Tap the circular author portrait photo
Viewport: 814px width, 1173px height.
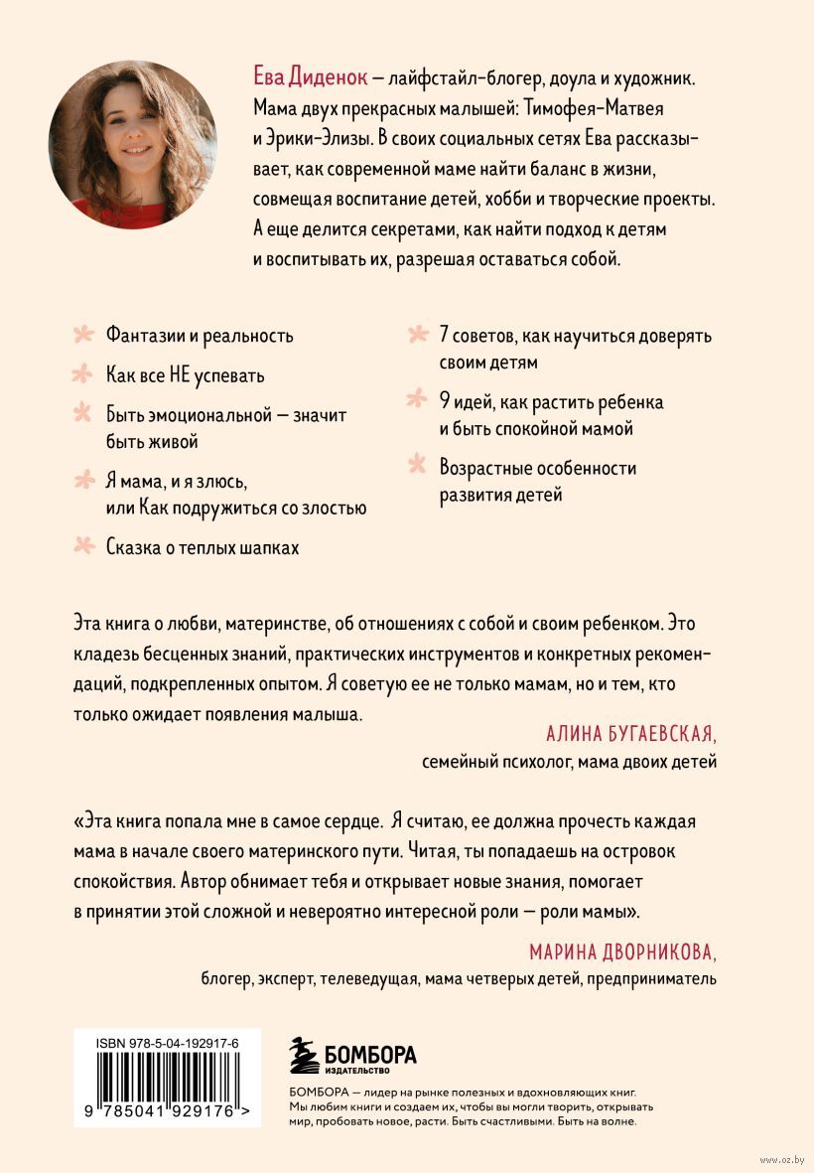(x=132, y=144)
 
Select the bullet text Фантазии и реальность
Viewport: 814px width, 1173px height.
(x=200, y=335)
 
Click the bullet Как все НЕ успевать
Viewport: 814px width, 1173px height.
(x=186, y=376)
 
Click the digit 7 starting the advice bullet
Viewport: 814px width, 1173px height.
(x=446, y=335)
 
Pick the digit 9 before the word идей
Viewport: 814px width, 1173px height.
(x=446, y=402)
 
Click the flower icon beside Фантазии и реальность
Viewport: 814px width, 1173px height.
(x=86, y=335)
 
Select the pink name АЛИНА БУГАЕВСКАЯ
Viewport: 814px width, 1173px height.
(x=631, y=734)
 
